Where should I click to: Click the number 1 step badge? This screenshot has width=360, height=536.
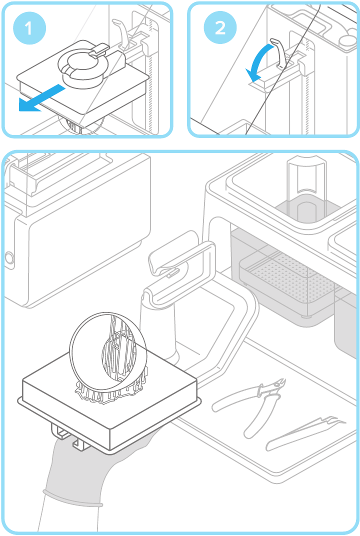coord(28,28)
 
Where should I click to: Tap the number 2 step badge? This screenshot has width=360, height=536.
coord(220,28)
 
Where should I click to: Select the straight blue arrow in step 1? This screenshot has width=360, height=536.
coord(42,98)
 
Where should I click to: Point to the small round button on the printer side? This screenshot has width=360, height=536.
coord(8,258)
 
